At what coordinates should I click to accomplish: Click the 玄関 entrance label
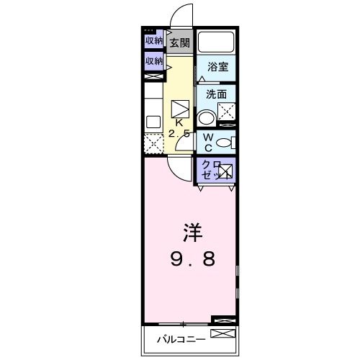179,43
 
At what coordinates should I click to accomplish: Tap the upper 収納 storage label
153,41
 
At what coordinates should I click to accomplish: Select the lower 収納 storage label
153,62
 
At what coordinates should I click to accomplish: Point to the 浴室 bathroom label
217,67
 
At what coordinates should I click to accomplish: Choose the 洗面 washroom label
216,94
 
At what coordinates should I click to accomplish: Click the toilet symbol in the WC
225,143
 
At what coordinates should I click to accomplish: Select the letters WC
207,143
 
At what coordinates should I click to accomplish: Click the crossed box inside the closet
226,171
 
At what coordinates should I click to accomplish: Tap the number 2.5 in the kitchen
179,134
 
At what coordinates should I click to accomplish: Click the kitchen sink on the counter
153,122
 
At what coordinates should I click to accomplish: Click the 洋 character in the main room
190,234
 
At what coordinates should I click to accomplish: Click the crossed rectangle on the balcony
223,333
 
